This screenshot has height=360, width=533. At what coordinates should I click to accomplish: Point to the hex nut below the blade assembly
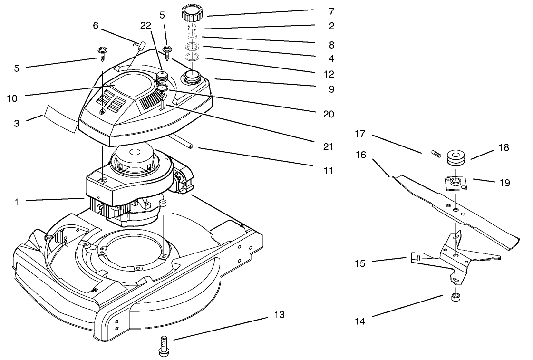coord(455,298)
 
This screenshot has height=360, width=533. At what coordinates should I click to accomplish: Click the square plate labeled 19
coord(455,182)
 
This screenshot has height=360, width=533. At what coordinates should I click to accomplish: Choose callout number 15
coord(360,263)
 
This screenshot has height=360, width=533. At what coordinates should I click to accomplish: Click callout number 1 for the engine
coord(17,202)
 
